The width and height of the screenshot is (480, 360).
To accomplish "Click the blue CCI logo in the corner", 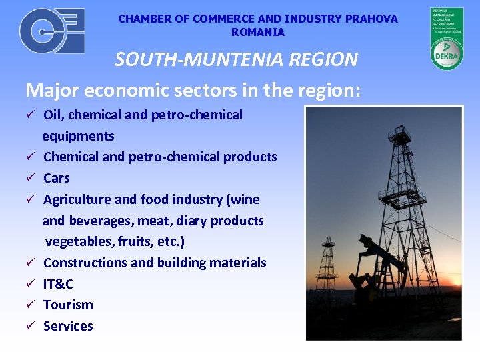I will tap(52, 31).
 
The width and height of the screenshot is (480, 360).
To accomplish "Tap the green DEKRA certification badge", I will tap(447, 39).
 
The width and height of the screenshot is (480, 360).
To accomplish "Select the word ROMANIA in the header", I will tap(257, 32).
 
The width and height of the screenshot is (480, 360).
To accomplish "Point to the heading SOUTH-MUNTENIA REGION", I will tap(236, 59).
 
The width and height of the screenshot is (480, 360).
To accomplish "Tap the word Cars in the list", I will tap(56, 178).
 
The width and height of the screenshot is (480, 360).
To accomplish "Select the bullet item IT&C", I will tap(58, 284).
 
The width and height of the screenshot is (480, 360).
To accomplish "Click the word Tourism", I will tap(68, 305).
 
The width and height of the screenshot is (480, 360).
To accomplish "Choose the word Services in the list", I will tap(68, 326).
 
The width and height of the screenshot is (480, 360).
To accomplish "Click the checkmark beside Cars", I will tap(30, 179).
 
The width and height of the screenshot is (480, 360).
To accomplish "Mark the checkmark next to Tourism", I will tap(30, 305).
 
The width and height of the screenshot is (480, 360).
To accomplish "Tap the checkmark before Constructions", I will tap(30, 263).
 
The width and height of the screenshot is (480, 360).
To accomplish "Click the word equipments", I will tap(78, 136).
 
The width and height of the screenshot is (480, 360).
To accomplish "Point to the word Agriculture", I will tap(77, 199).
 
